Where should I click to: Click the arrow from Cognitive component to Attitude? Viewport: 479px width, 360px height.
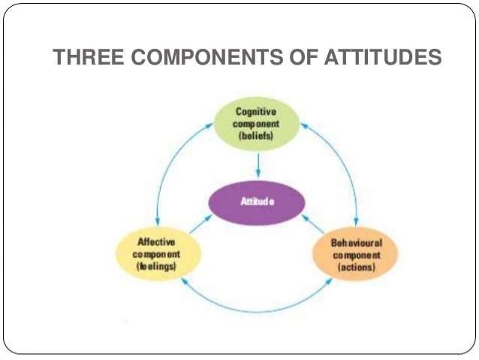[x=257, y=166]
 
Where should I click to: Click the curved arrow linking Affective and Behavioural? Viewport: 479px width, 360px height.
[x=255, y=307]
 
